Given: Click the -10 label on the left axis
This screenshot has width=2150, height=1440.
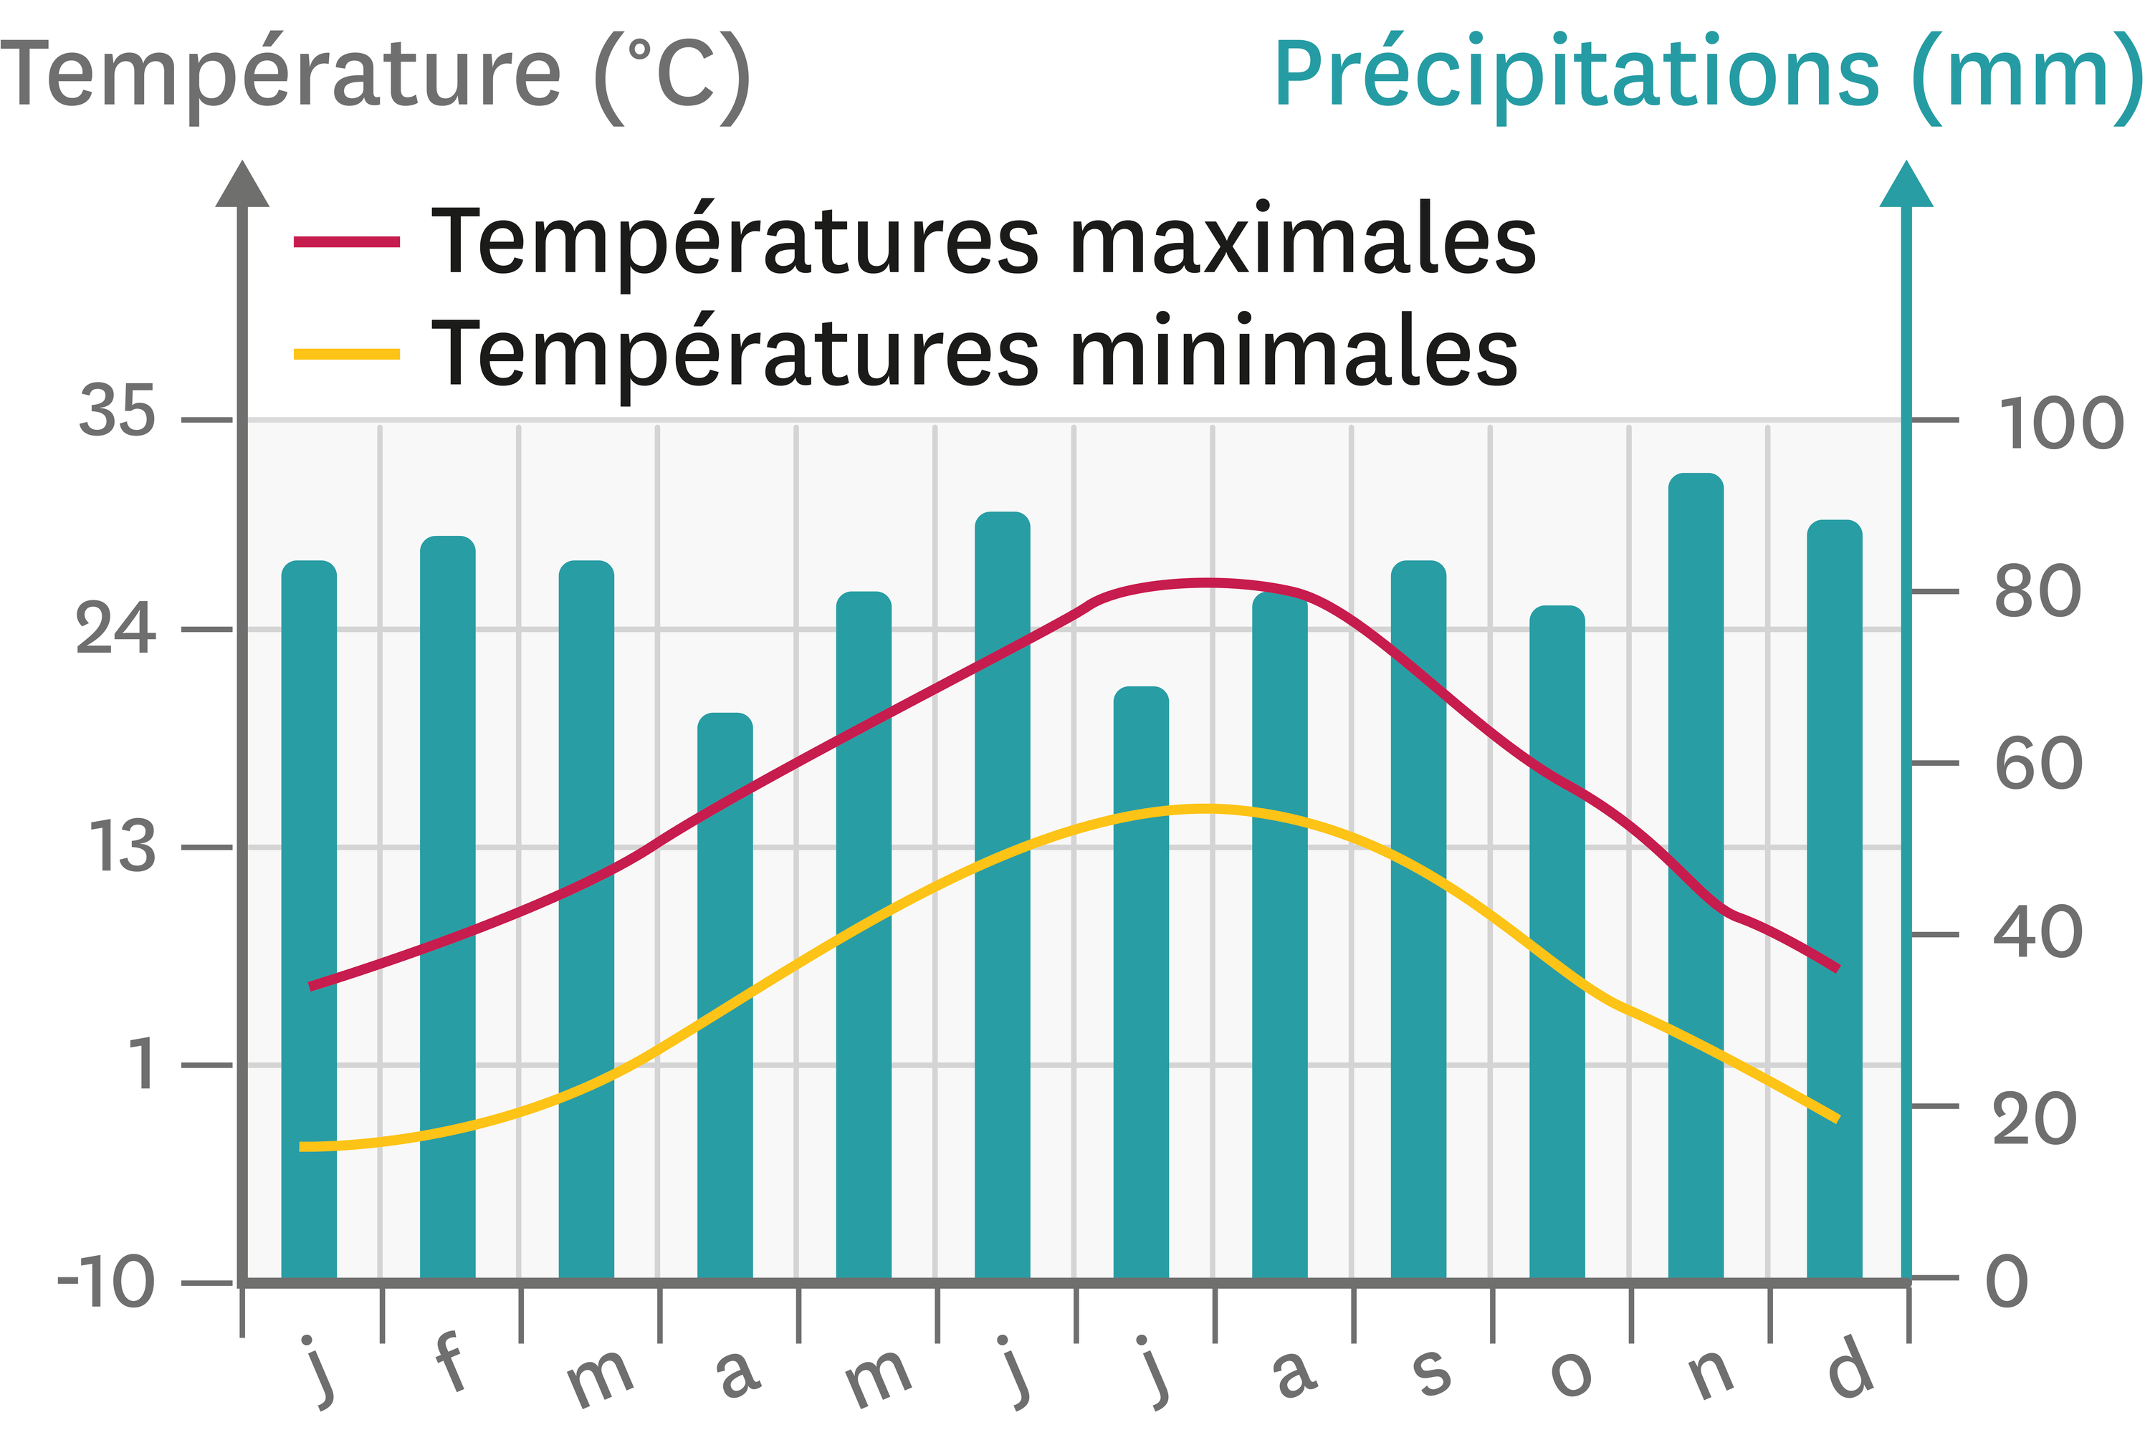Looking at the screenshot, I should [x=105, y=1282].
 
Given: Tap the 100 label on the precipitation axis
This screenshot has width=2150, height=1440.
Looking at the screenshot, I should [x=2060, y=424].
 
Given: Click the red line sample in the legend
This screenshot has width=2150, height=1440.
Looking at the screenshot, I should [x=346, y=241].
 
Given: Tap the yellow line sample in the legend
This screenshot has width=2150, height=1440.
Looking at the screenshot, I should [x=346, y=354].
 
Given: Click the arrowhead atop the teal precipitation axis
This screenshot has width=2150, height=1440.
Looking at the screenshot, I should [x=1906, y=186].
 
